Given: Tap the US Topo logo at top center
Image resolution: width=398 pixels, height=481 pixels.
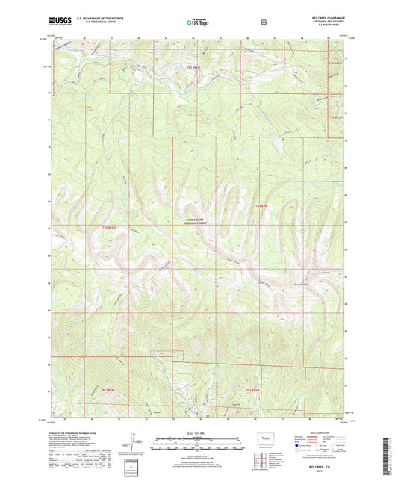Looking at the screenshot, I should (198, 23).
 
